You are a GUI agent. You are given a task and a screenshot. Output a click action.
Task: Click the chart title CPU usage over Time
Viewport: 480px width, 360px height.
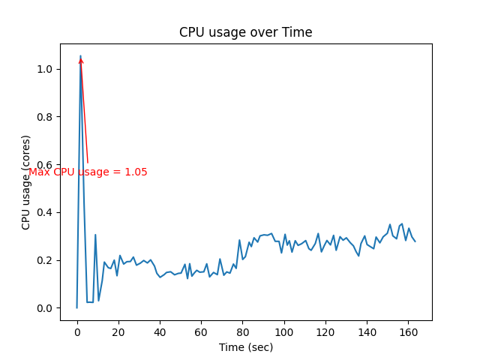[x=245, y=33]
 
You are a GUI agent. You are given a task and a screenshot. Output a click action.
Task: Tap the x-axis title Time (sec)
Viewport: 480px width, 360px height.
[x=245, y=347]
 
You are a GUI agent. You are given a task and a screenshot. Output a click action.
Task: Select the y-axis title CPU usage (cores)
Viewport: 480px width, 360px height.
[x=26, y=182]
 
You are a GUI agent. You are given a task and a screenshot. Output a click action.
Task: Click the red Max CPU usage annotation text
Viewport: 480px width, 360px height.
[x=88, y=172]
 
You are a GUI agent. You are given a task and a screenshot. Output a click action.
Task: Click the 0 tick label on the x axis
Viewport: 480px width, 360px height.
[x=76, y=331]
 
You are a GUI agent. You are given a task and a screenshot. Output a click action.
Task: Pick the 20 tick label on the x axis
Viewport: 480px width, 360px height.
[x=118, y=331]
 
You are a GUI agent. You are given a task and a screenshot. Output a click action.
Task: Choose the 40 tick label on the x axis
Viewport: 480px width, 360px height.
[x=160, y=331]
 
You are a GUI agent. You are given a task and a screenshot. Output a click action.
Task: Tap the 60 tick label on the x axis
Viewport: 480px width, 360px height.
[x=201, y=331]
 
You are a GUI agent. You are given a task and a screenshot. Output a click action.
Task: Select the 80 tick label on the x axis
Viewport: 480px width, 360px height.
[x=242, y=331]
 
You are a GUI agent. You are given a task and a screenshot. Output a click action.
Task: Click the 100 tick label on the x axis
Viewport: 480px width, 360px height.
[x=283, y=331]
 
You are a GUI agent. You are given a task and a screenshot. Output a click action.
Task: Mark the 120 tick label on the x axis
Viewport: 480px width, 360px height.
[x=325, y=331]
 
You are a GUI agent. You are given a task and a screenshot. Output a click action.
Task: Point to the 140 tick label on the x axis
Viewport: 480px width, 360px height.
[x=366, y=331]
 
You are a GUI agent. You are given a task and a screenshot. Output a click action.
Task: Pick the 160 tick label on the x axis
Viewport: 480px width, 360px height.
[x=407, y=331]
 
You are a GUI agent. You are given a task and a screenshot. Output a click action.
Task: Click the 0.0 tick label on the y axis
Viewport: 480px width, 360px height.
[x=46, y=308]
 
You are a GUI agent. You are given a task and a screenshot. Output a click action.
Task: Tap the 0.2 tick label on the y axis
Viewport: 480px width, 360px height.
[x=46, y=260]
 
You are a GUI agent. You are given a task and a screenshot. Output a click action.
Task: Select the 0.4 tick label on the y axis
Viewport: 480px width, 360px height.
[x=46, y=212]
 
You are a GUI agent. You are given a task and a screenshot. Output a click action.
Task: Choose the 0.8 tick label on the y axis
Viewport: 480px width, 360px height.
[x=46, y=117]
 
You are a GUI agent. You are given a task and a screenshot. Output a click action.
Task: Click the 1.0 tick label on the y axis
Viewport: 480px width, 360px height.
[x=46, y=69]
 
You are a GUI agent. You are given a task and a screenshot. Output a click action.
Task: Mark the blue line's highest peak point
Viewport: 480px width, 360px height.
[x=80, y=55]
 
